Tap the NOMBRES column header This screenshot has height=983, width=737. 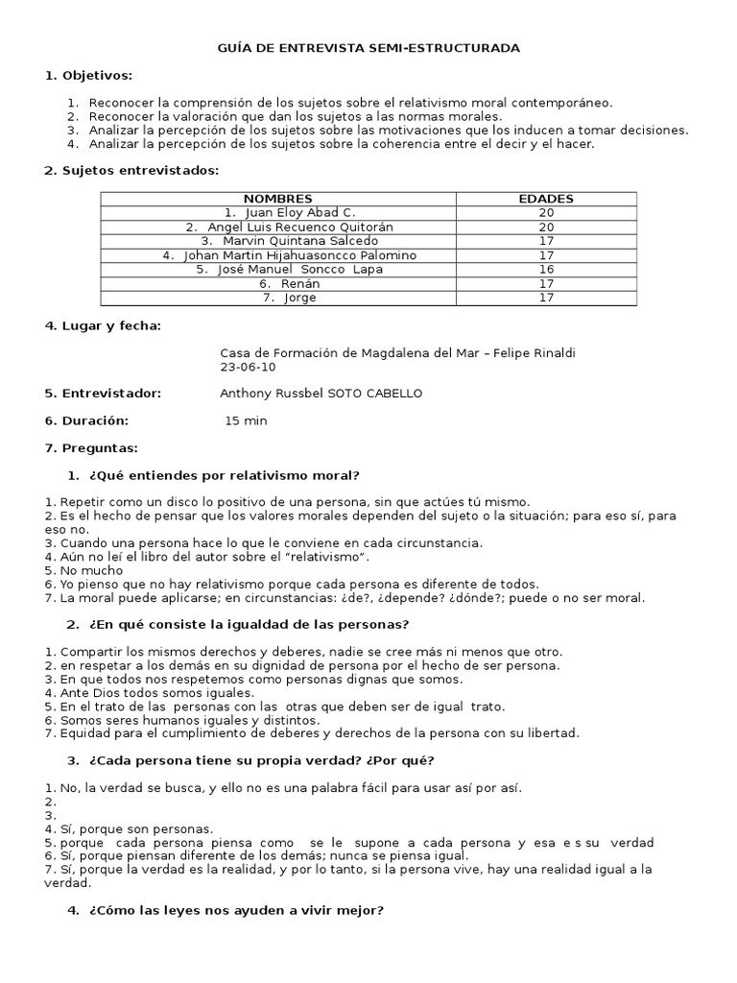[277, 199]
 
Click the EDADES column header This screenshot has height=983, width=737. [545, 199]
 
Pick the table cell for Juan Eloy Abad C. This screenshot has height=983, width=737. [277, 212]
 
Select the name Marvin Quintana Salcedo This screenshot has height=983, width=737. [277, 241]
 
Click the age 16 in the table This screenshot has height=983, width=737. [545, 270]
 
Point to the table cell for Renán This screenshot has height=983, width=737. [277, 284]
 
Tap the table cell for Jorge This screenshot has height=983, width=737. [277, 298]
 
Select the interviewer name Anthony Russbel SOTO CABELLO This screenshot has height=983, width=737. [321, 394]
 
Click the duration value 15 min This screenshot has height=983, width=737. [246, 420]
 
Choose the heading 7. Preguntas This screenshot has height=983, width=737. [91, 447]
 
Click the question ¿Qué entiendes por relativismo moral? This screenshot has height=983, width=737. [224, 475]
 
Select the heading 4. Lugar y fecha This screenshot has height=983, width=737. [103, 325]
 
